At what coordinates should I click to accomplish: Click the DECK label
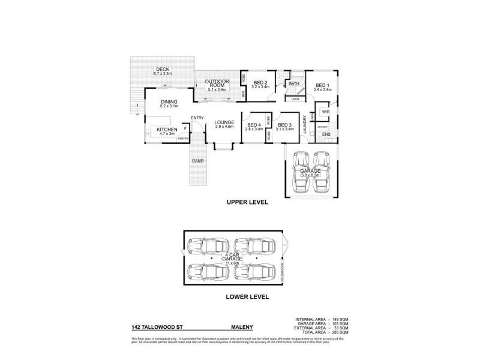(163, 70)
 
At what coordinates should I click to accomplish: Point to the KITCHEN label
(166, 130)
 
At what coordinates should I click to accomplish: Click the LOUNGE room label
(223, 124)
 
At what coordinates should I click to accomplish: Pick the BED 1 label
(323, 85)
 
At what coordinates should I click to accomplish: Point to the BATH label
(293, 85)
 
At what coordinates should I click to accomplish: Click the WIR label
(325, 112)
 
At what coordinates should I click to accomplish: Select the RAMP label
(197, 161)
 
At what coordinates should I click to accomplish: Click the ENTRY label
(197, 118)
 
